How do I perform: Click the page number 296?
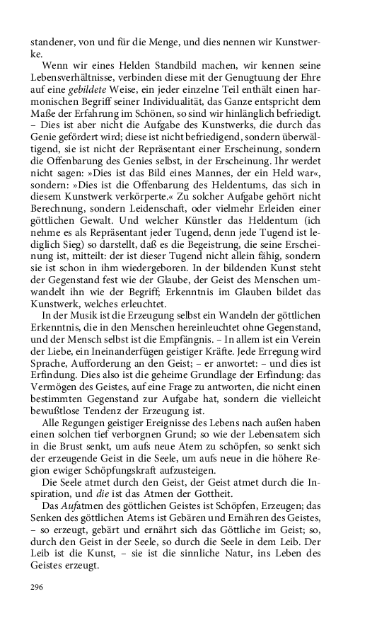tap(37, 586)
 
